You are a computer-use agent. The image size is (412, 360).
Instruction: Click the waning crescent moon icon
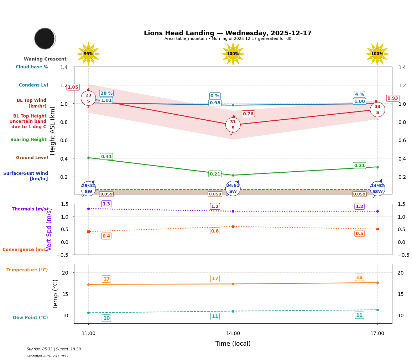click(x=45, y=38)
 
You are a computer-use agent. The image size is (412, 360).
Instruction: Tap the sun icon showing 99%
click(x=88, y=54)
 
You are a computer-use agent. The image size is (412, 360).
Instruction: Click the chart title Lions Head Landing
click(x=228, y=33)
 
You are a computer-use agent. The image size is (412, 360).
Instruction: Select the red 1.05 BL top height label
click(x=73, y=87)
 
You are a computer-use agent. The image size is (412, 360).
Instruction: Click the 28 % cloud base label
click(x=106, y=93)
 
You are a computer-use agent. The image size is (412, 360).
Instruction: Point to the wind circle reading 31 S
click(x=233, y=125)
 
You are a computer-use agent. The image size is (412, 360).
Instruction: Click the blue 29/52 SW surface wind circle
click(x=88, y=189)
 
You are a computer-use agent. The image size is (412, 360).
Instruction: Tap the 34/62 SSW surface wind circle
click(x=377, y=189)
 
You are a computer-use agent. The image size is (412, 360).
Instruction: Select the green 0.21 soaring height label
click(x=215, y=174)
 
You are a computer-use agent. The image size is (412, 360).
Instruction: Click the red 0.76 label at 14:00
click(x=248, y=114)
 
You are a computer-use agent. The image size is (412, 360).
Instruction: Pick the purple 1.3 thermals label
click(x=106, y=204)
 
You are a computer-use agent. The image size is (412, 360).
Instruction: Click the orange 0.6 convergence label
click(x=215, y=231)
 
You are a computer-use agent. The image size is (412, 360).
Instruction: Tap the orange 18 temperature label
click(x=359, y=277)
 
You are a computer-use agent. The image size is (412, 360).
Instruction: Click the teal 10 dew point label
click(x=106, y=318)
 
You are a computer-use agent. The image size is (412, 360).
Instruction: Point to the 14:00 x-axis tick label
click(x=233, y=334)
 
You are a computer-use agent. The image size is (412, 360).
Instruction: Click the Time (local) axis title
click(x=233, y=344)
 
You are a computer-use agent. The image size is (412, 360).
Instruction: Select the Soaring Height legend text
click(x=28, y=140)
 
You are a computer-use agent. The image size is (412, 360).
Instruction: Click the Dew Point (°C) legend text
click(x=30, y=318)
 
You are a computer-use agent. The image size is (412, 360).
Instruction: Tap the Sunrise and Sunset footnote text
click(x=54, y=349)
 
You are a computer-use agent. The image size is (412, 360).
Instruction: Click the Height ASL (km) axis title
click(x=53, y=131)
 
